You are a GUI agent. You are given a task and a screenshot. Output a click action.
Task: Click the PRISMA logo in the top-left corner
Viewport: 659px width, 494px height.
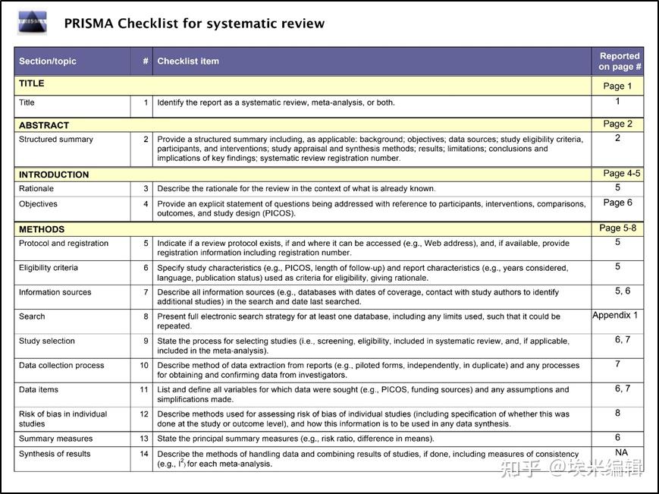(32, 23)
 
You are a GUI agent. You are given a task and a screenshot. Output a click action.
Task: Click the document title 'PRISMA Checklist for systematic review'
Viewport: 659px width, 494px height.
(194, 24)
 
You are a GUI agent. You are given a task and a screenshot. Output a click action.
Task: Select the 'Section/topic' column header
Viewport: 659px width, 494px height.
(48, 61)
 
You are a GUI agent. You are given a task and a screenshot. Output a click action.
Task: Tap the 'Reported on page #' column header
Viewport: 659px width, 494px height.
(619, 61)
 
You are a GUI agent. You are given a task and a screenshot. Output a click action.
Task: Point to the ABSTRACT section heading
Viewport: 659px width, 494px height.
(44, 125)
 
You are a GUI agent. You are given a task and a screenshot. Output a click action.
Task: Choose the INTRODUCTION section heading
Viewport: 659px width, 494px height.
(54, 175)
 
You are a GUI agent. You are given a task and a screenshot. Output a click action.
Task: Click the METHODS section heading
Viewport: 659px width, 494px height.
(42, 229)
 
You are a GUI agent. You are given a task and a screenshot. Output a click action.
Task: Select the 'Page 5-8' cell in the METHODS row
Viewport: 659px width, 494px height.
(617, 228)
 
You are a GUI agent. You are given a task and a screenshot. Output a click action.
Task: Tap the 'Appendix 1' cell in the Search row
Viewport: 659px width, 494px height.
(615, 315)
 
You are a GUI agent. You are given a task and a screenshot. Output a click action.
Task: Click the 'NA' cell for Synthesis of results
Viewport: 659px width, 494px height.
(621, 452)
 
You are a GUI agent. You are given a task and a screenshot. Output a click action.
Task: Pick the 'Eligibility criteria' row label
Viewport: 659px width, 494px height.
(49, 268)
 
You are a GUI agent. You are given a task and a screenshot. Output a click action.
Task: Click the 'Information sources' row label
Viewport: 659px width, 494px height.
(55, 292)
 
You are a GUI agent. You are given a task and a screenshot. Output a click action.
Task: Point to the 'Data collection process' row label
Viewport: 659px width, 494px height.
(61, 365)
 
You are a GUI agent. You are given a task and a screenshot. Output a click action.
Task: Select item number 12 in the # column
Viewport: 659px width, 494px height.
(144, 414)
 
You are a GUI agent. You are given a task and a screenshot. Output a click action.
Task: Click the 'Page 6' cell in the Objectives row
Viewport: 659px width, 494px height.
(617, 203)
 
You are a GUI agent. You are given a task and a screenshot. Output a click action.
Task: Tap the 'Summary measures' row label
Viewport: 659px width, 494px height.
(55, 439)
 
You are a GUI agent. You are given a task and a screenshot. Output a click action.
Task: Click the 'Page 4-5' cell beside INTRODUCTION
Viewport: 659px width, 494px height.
(621, 173)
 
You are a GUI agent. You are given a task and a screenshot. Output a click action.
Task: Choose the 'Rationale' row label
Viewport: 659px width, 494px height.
(36, 188)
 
